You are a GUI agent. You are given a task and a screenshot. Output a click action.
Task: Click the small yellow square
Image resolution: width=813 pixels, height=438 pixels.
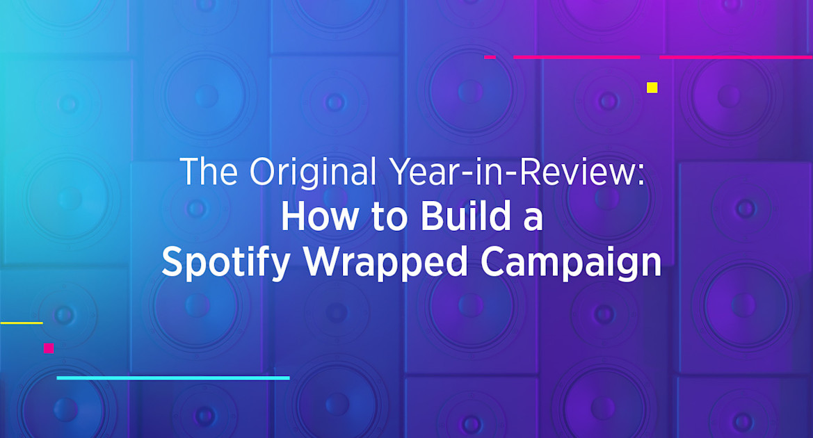(x=652, y=88)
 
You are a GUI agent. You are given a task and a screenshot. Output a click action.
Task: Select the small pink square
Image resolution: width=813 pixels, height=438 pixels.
(x=49, y=348)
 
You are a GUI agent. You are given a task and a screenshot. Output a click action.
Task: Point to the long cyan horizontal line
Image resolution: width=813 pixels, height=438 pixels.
(x=173, y=378)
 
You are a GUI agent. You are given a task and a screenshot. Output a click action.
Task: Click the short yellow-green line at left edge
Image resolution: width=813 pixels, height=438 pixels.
(x=21, y=323)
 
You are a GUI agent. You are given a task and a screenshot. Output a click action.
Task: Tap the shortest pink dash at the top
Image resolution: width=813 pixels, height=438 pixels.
(x=490, y=57)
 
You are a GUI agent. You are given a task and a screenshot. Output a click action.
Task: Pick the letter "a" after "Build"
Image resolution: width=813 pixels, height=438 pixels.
(x=533, y=221)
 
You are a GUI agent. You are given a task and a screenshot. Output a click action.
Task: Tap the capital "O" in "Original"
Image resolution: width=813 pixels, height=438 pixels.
(x=264, y=172)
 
